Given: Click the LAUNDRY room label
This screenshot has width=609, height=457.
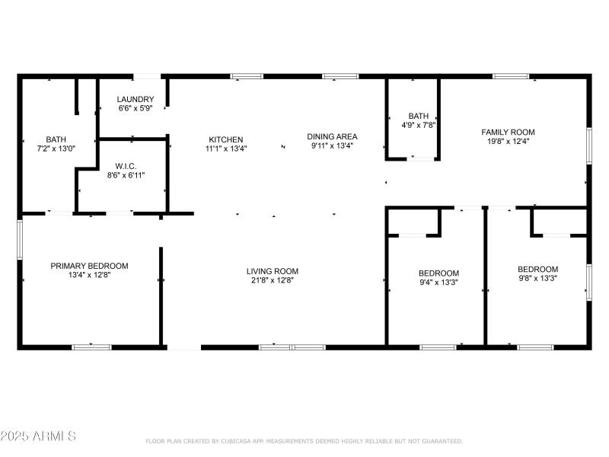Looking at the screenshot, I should (x=136, y=100).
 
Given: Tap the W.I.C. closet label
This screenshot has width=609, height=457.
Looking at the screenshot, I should (x=126, y=166).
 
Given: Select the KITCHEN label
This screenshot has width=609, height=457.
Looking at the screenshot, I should (x=226, y=139).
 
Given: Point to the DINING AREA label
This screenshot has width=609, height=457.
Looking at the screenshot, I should (x=332, y=136).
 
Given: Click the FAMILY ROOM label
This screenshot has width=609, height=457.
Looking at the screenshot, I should (x=508, y=132).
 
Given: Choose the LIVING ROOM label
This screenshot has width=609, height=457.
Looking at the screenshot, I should (x=272, y=271).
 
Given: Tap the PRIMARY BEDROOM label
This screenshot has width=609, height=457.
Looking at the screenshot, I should (x=89, y=266).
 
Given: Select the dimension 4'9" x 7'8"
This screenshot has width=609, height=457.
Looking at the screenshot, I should (x=419, y=125).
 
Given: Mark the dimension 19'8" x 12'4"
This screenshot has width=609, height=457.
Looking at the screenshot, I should (x=508, y=141).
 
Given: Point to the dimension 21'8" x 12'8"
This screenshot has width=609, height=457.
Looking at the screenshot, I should (x=272, y=280).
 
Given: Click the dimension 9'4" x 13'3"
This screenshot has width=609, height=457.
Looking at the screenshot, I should (x=438, y=283).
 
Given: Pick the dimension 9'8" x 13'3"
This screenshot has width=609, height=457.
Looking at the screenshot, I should (x=537, y=278).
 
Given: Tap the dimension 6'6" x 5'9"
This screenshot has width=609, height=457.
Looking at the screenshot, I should (x=136, y=109).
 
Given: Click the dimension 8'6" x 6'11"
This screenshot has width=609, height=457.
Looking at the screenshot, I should (x=126, y=175).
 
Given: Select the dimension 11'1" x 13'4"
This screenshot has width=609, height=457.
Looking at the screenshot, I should (x=226, y=149).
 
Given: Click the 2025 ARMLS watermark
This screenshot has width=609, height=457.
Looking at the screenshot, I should (x=38, y=436).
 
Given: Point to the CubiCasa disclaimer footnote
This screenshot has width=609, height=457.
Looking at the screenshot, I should (x=304, y=441).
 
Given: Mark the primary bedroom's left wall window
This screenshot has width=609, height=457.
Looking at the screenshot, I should (x=20, y=239).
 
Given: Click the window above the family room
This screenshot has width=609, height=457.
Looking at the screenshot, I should (x=510, y=76).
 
